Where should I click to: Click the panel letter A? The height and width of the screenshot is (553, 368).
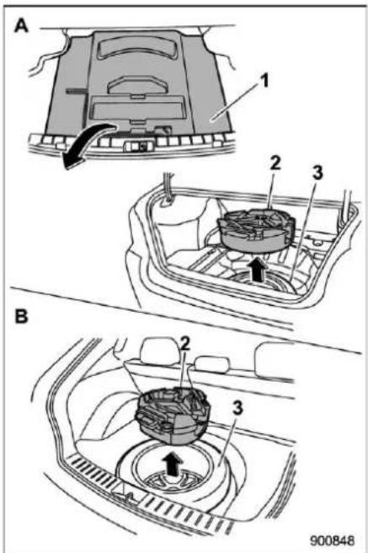coord(21,25)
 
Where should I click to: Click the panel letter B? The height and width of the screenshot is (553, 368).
coord(21,316)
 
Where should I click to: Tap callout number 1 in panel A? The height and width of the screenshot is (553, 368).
coord(264,80)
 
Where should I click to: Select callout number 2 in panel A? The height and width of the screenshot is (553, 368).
coord(275,163)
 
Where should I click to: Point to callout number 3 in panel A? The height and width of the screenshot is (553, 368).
coord(317,173)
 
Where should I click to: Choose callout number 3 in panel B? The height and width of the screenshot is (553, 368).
coord(237,408)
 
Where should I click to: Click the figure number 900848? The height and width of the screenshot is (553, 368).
coord(333,540)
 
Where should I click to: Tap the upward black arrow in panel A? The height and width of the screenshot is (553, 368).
coord(259,270)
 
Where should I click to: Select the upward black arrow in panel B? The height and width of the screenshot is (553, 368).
coord(173,464)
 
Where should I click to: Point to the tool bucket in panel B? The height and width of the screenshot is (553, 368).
coord(173,415)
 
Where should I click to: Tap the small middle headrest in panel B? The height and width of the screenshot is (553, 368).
coord(212,364)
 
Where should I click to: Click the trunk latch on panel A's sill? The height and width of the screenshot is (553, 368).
coord(138,146)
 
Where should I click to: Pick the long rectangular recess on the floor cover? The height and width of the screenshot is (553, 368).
coord(137,108)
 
